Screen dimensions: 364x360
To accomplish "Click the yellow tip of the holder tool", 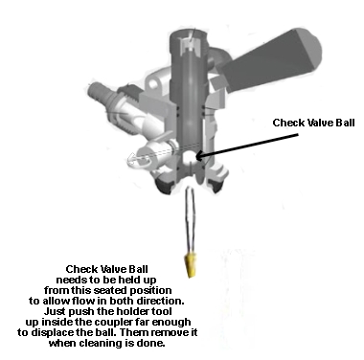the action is click(x=190, y=265).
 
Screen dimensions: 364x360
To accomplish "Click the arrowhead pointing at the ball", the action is click(x=198, y=156).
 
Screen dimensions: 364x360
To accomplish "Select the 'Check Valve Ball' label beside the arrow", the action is click(x=313, y=123).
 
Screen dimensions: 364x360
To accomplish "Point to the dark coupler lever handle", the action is click(x=271, y=60).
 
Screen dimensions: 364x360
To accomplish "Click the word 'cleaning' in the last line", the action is click(x=99, y=344).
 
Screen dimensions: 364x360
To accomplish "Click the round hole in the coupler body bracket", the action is click(x=154, y=84).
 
